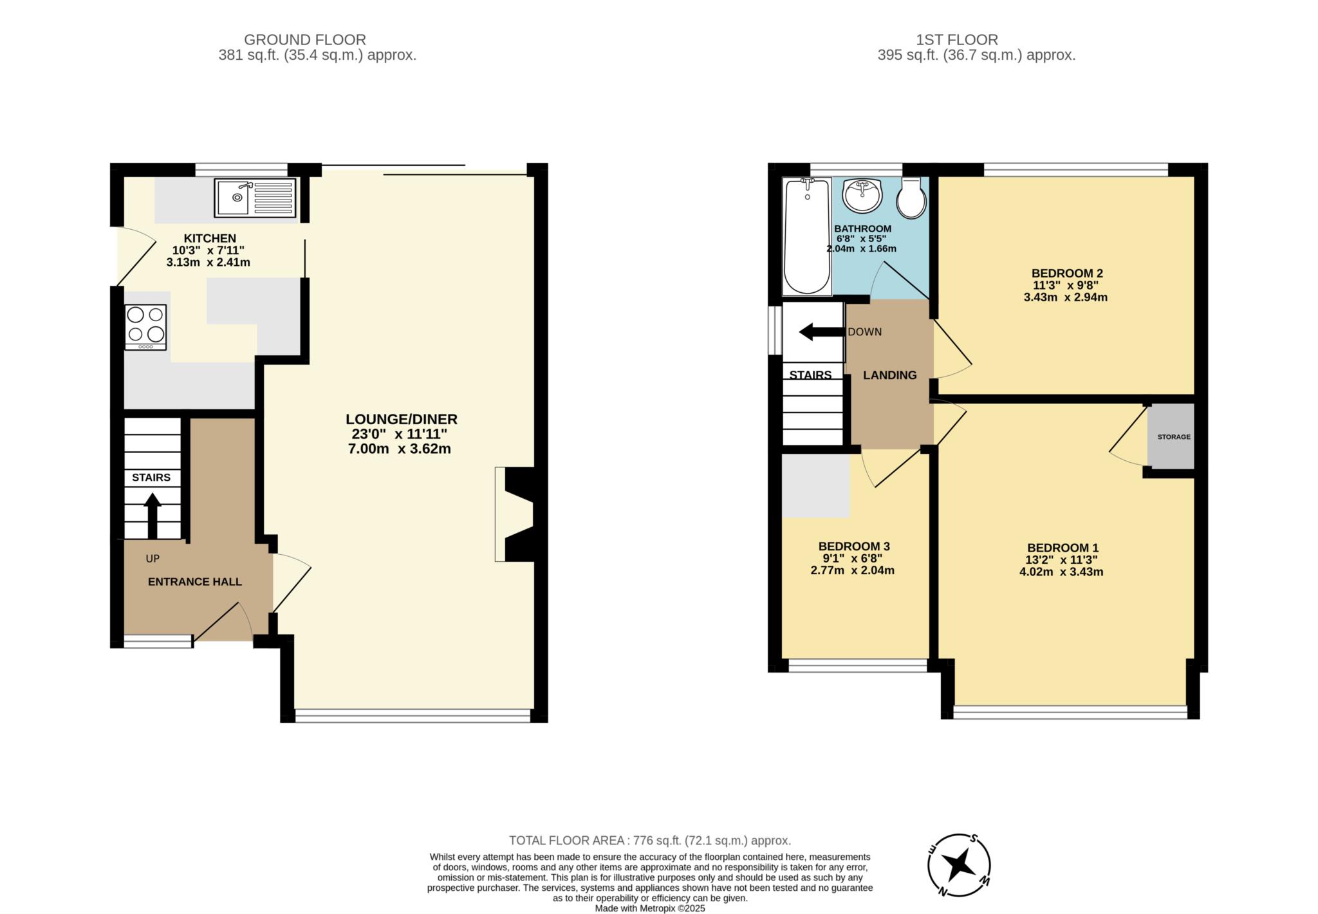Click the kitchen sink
click(255, 198)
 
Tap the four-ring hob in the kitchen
click(145, 327)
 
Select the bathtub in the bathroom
click(807, 237)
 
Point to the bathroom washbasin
click(862, 196)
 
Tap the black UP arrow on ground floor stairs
click(153, 516)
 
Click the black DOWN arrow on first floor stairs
click(821, 332)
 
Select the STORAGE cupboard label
click(1174, 436)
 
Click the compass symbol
click(959, 864)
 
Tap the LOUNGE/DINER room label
click(402, 419)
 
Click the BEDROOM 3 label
click(854, 546)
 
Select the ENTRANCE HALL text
click(195, 582)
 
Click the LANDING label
click(890, 375)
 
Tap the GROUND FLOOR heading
click(305, 40)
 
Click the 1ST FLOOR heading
click(957, 40)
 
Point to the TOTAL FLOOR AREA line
click(650, 841)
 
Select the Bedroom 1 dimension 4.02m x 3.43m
click(1061, 572)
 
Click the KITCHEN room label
click(210, 238)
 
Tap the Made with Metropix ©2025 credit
click(650, 908)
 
